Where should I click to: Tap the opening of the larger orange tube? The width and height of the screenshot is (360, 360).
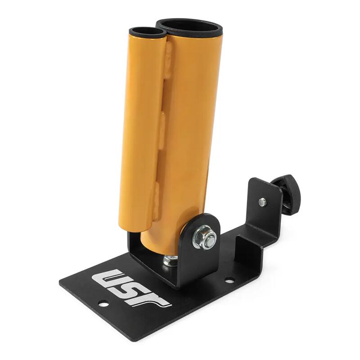[x=189, y=27]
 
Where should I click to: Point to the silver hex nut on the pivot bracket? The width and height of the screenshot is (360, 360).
[x=204, y=237]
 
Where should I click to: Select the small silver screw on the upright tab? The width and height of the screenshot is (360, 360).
[x=263, y=202]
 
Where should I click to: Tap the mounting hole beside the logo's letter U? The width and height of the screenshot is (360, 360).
[x=103, y=305]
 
